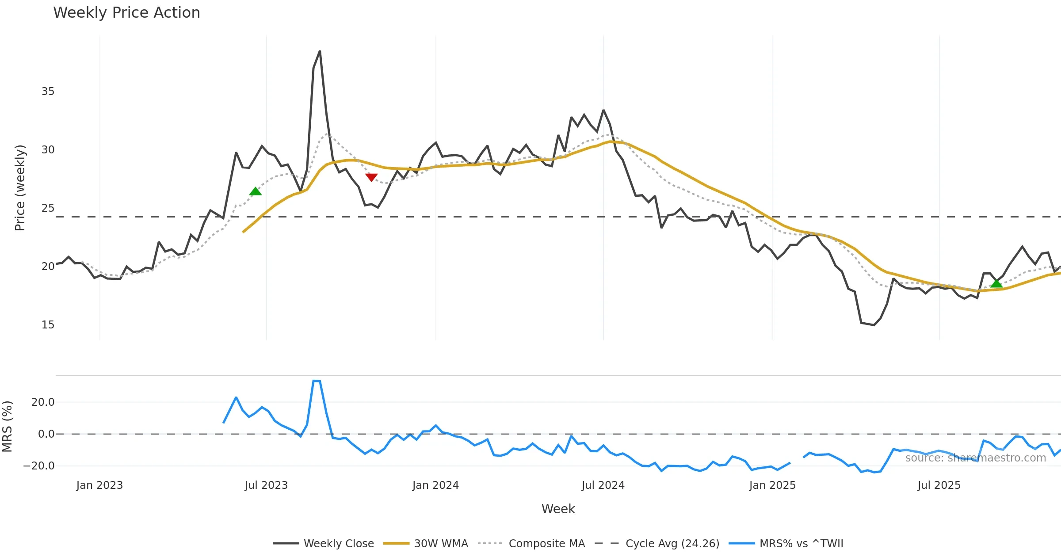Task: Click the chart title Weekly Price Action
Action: [126, 13]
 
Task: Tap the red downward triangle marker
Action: [371, 177]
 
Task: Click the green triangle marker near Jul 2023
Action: [256, 191]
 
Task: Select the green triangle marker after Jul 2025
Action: [996, 283]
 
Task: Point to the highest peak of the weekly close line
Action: [320, 51]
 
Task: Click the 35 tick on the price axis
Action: [48, 92]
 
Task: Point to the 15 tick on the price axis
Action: [48, 325]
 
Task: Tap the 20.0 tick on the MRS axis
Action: [43, 402]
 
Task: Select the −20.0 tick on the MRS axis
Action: [39, 466]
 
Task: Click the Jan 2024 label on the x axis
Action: [435, 485]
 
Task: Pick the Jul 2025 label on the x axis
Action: [939, 485]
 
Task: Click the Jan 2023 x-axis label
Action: [99, 485]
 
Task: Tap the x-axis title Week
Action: [558, 509]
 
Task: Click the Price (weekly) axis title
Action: [20, 188]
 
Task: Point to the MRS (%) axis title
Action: [8, 427]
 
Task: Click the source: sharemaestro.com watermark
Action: [975, 458]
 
